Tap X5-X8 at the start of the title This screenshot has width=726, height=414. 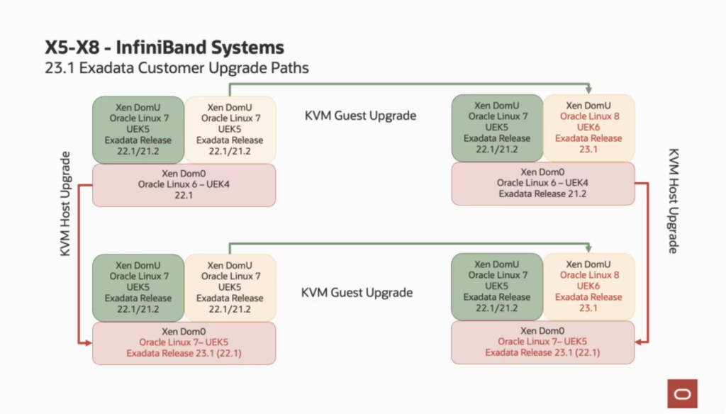pyautogui.click(x=72, y=47)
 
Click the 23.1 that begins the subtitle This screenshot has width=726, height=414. pyautogui.click(x=60, y=68)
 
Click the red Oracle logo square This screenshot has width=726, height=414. pyautogui.click(x=683, y=393)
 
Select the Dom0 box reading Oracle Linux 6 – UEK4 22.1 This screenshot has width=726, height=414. pyautogui.click(x=184, y=185)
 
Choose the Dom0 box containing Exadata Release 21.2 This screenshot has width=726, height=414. pyautogui.click(x=542, y=184)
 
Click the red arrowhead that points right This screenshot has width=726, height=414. pyautogui.click(x=87, y=343)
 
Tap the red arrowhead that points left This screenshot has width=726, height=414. pyautogui.click(x=640, y=342)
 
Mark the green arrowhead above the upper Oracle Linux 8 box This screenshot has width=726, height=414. pyautogui.click(x=588, y=89)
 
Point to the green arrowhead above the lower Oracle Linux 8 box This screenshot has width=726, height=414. pyautogui.click(x=588, y=248)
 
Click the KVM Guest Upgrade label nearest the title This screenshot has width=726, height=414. pyautogui.click(x=360, y=116)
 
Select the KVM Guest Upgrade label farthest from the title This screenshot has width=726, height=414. pyautogui.click(x=357, y=293)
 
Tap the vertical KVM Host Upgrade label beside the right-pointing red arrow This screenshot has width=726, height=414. pyautogui.click(x=65, y=203)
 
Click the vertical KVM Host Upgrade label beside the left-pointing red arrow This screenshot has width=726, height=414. pyautogui.click(x=674, y=201)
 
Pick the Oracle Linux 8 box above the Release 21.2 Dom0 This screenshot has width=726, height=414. pyautogui.click(x=588, y=128)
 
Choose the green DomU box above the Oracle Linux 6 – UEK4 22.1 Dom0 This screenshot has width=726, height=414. pyautogui.click(x=138, y=130)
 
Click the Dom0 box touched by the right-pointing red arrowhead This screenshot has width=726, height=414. pyautogui.click(x=184, y=343)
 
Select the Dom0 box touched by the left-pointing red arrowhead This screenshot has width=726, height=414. pyautogui.click(x=542, y=342)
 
